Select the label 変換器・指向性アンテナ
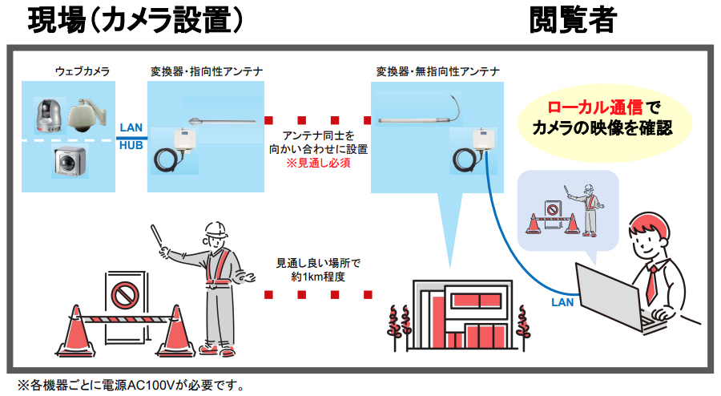click(206, 71)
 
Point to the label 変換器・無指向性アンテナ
click(437, 71)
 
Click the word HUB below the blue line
click(131, 146)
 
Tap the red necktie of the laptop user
click(651, 281)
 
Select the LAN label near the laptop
click(562, 302)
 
